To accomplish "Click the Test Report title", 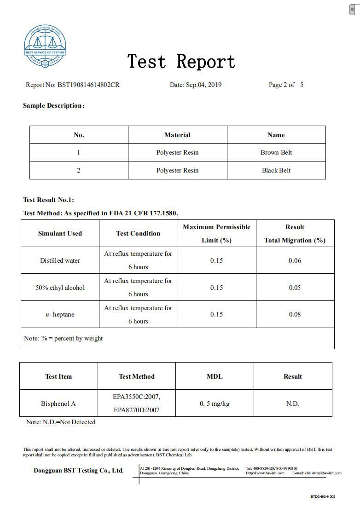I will pos(181,62).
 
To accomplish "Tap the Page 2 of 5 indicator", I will pos(286,85).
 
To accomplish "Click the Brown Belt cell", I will pos(276,152).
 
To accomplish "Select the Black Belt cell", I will pos(276,170).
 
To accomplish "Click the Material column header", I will pos(177,135).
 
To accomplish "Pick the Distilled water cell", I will pos(60,260).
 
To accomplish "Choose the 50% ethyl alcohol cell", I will pos(60,288).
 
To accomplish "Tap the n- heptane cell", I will pos(60,314).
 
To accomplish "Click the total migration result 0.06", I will pos(295,260).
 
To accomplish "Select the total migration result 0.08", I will pos(295,314).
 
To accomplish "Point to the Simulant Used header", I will pos(60,233).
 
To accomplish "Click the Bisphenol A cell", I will pos(58,403).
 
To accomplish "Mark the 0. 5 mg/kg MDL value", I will pos(215,403).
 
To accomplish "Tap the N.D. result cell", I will pos(293,403).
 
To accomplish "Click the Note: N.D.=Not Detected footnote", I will pos(61,422).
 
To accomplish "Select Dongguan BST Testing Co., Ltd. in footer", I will pos(78,470).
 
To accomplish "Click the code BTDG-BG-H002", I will pos(323,496).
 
